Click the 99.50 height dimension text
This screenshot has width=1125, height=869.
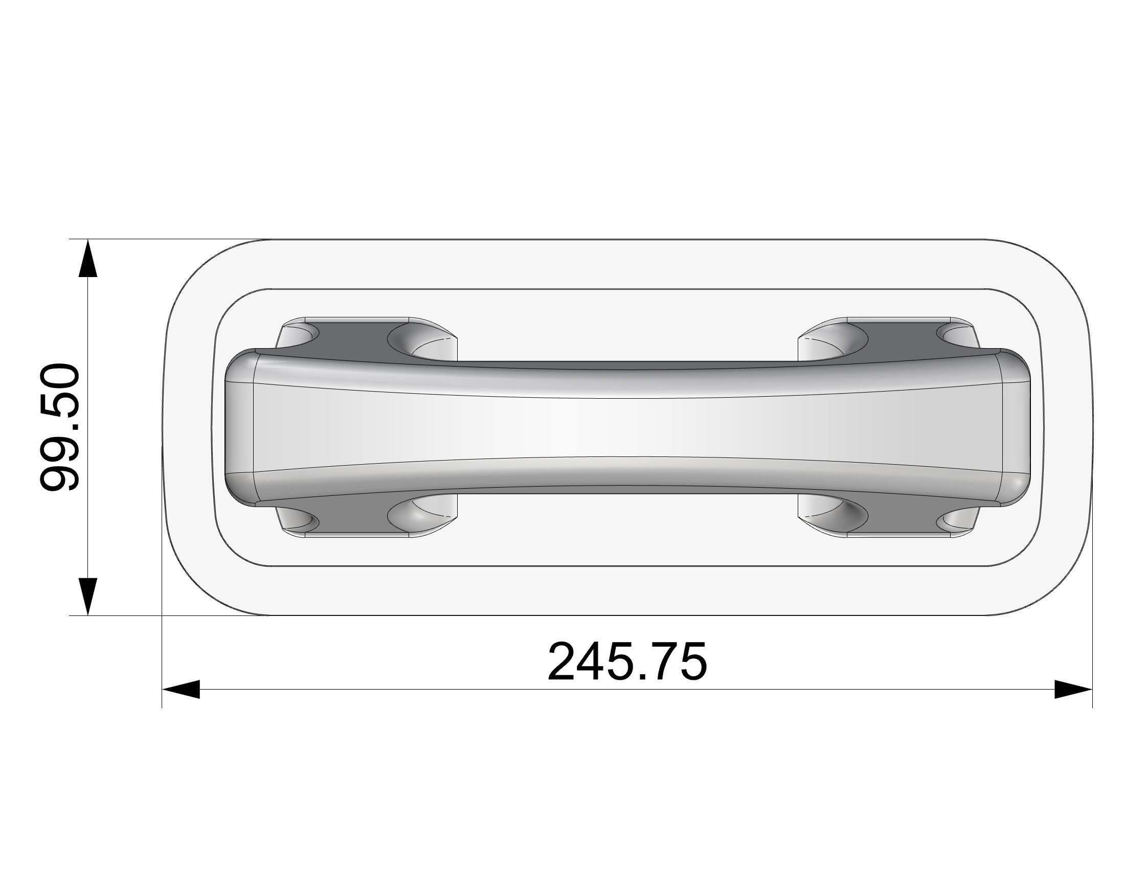[60, 427]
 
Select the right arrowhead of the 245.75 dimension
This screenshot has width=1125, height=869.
[1073, 690]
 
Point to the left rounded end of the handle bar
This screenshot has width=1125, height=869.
[240, 427]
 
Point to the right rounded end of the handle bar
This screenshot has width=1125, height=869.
[1015, 427]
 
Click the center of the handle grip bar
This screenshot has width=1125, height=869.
[627, 427]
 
